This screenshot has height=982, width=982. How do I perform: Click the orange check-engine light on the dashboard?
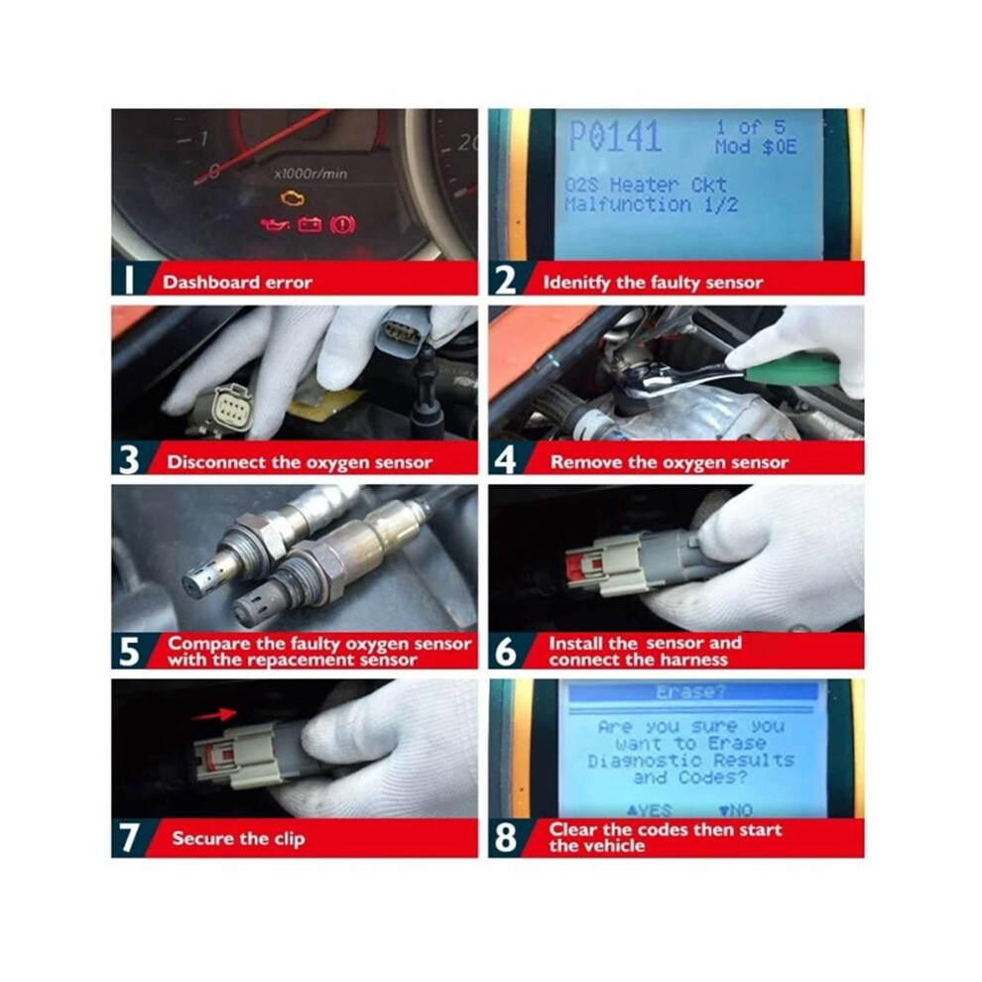point(292,198)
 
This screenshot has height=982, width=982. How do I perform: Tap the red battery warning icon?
point(310,224)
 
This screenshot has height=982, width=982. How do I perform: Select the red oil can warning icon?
point(276,223)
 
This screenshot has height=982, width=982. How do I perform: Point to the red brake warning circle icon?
point(342,224)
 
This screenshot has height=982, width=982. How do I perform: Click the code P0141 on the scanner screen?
point(614,137)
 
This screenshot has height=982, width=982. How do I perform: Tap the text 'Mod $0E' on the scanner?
point(756,147)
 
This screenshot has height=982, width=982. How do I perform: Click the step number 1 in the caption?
point(128,280)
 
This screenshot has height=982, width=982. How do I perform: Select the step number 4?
point(505,459)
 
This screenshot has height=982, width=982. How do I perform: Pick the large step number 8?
point(506,838)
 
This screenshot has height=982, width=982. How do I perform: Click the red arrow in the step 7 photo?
point(213,714)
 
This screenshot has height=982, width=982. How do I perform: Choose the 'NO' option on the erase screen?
point(736,810)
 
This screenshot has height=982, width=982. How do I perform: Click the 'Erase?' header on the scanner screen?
point(691,692)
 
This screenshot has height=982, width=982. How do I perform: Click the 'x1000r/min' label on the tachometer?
point(310,175)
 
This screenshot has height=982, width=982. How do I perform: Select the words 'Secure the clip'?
point(239,838)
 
